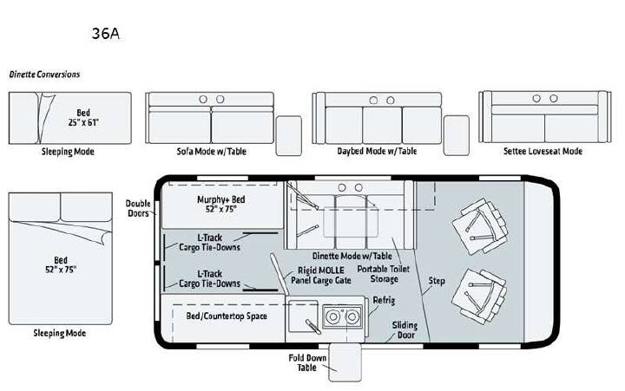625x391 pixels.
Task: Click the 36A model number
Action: [106, 34]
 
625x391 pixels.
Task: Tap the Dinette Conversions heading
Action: [44, 75]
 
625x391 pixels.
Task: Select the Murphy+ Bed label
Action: [221, 204]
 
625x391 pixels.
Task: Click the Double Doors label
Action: [138, 208]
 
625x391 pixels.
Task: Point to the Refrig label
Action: [384, 300]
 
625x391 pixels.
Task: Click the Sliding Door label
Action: [405, 330]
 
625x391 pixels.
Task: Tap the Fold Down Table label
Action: [307, 362]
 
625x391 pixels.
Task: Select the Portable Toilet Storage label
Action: [384, 274]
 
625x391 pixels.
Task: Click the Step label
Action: [437, 281]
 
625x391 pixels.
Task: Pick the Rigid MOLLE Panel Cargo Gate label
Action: [321, 276]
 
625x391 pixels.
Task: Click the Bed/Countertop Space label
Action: [227, 316]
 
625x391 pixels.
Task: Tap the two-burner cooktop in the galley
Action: [343, 316]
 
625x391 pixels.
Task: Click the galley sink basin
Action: [303, 316]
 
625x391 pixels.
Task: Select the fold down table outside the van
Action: [345, 362]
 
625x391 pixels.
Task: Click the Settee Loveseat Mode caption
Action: [543, 152]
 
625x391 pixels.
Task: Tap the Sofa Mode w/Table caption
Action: [212, 152]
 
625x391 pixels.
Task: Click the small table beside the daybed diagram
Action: [457, 135]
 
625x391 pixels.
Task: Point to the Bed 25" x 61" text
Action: [83, 117]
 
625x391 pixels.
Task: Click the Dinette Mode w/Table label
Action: [352, 256]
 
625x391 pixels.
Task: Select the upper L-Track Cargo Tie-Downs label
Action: [210, 242]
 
